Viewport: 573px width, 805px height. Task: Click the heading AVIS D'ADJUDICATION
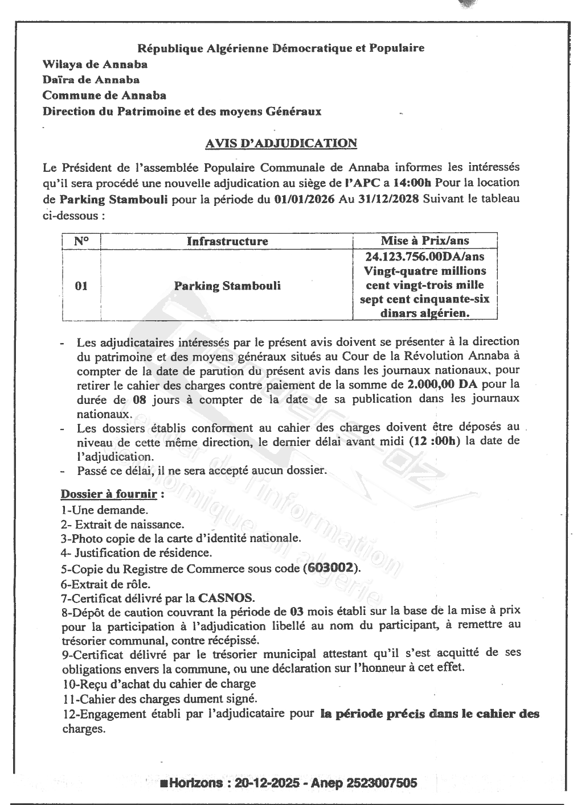280,143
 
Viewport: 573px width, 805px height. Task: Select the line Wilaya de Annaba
95,64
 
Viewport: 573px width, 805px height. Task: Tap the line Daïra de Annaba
91,80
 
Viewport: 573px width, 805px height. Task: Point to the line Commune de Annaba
104,95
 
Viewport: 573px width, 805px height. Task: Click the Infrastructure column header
227,241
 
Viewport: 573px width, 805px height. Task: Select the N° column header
81,241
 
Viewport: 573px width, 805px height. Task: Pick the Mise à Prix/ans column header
425,241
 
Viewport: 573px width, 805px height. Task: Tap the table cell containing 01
81,286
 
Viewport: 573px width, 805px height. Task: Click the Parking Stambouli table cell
227,286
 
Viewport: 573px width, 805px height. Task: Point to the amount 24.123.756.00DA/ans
425,256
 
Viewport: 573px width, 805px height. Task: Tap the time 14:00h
412,183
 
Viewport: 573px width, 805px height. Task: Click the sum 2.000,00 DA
447,384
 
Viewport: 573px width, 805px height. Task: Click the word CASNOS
226,598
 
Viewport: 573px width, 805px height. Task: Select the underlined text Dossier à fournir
108,493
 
